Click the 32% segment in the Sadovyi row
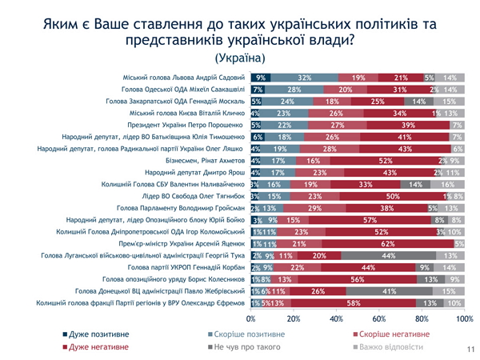tap(304, 78)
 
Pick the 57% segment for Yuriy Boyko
tap(370, 220)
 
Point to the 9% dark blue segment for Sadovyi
tap(260, 78)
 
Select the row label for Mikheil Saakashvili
tap(183, 90)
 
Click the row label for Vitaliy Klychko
tap(187, 114)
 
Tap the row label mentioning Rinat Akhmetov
tap(205, 161)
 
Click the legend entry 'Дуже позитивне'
tap(100, 333)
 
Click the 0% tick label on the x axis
tap(251, 318)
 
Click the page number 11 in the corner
tap(469, 350)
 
